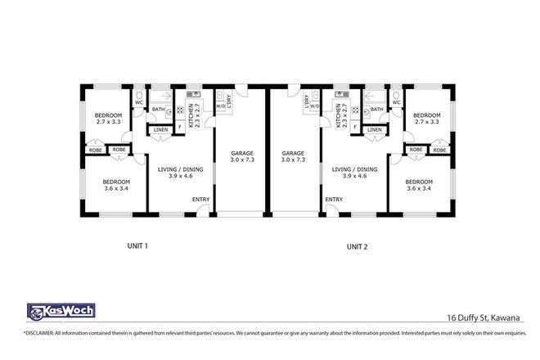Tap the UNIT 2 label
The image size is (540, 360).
[x=358, y=245]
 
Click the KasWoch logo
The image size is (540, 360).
[x=61, y=310]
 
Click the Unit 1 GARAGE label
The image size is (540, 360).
[x=241, y=156]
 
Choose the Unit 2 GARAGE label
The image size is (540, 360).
[x=293, y=156]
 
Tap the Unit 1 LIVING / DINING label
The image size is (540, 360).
[x=173, y=172]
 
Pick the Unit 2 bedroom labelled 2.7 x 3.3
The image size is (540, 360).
[x=426, y=119]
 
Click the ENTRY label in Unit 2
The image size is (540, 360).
[x=333, y=200]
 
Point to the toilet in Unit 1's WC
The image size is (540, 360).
[x=139, y=97]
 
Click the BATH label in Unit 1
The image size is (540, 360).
[x=158, y=109]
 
